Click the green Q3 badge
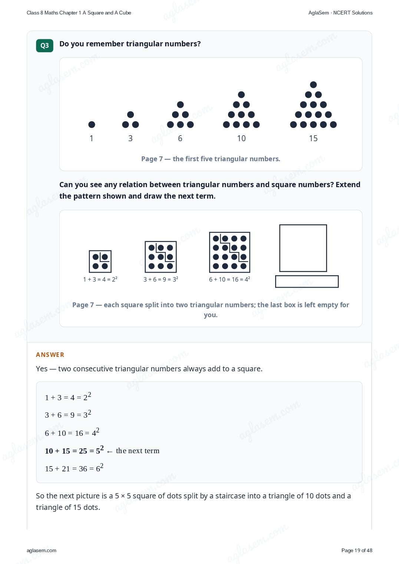point(44,46)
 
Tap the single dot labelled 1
point(92,125)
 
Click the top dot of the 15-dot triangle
point(313,84)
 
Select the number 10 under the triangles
point(241,138)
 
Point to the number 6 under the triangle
point(180,138)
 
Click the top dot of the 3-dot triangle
point(131,115)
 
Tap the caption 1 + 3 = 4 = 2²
point(100,279)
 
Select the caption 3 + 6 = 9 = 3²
point(161,279)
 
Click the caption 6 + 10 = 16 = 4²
point(230,279)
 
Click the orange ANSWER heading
point(50,355)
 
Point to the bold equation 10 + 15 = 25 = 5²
point(74,450)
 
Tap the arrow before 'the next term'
point(109,452)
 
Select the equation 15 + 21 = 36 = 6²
point(74,468)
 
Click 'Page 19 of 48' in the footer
point(357,550)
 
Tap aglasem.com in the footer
point(42,550)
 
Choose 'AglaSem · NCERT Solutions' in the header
point(340,13)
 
